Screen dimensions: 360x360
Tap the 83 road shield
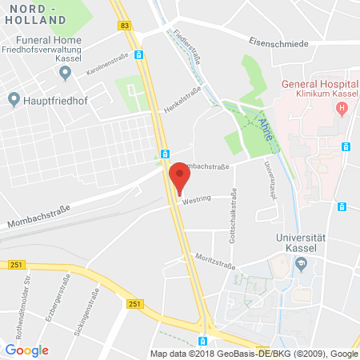[x=125, y=26]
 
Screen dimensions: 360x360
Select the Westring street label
[x=196, y=201]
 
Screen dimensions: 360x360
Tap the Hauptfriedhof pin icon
[x=14, y=98]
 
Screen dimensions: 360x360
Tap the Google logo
[x=26, y=350]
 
